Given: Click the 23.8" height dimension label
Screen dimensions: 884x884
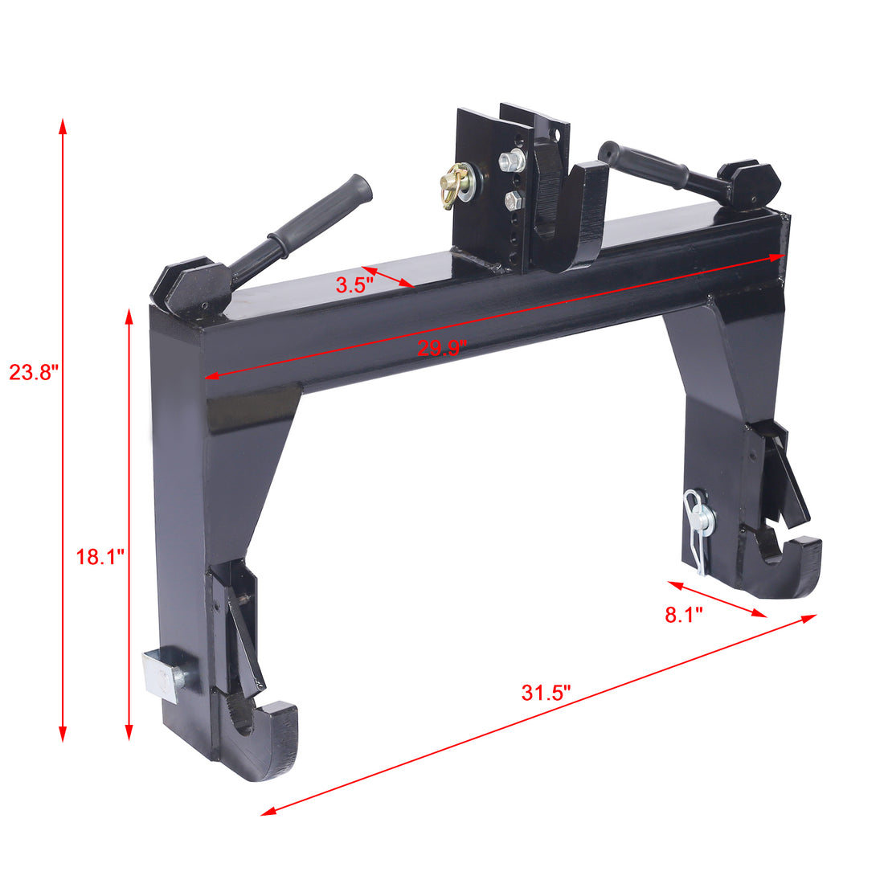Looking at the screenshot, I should [35, 373].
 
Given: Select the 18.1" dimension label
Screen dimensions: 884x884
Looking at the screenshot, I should [100, 557].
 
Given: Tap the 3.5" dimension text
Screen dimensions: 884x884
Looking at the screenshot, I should [354, 284].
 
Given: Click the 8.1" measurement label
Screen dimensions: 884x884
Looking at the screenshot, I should [684, 616].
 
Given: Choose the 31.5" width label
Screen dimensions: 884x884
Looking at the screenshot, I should [546, 693].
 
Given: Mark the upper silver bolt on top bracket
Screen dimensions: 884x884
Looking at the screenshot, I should [510, 163].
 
